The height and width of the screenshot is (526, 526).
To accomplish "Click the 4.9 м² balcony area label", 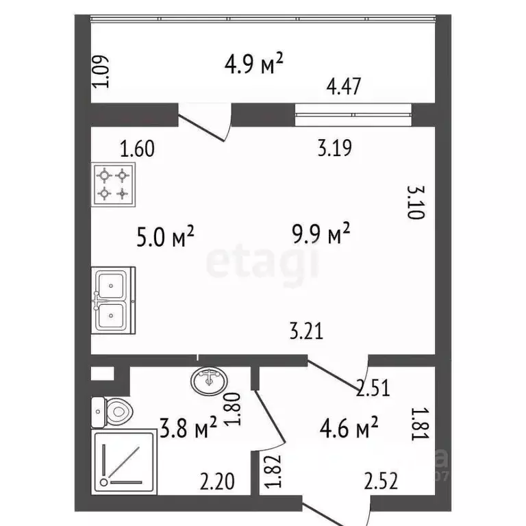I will (254, 65).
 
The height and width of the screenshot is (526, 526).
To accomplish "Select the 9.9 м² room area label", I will (321, 236).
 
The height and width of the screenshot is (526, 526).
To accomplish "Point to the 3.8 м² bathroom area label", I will (189, 430).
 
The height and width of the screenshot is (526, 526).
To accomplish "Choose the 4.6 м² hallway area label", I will (349, 429).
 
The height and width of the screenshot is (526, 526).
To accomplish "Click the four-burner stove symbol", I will (113, 184).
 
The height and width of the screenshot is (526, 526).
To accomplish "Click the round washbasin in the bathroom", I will (210, 378).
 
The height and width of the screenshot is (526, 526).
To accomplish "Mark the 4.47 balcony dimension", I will (344, 87).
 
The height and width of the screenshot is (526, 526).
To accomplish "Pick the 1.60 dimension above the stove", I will (137, 148).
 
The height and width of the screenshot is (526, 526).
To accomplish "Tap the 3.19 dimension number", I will (334, 147).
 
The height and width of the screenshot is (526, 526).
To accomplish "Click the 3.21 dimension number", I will (305, 332).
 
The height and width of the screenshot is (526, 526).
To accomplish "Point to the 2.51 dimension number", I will (373, 389).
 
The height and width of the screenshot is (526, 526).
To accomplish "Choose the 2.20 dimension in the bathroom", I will (217, 481).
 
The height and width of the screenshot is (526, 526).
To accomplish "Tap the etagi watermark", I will (263, 264).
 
